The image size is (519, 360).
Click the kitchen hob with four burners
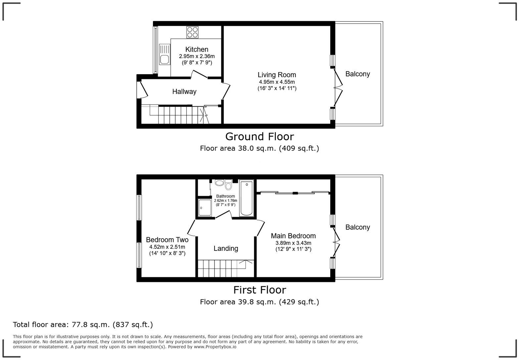pos(192,32)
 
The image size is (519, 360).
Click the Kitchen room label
pos(197,49)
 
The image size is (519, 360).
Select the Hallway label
pos(184,92)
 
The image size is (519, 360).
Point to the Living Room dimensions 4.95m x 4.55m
pos(277,82)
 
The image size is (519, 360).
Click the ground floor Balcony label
pos(357,74)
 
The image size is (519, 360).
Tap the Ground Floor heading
pos(259,136)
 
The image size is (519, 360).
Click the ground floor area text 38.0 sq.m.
pos(259,148)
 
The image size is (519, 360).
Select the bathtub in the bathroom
pos(247,199)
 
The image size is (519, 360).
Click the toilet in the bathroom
pos(228,185)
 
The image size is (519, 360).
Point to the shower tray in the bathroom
pos(205,208)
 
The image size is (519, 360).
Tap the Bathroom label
pos(225,196)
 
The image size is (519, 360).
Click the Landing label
pos(226,248)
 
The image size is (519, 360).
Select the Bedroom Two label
pos(167,240)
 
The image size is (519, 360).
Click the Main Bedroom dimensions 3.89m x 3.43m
pos(293,243)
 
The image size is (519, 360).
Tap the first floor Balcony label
pos(357,227)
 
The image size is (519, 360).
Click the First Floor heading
pos(259,290)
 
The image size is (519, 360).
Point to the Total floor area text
pos(83,325)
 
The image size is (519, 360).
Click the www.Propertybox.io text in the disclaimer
pos(215,347)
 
